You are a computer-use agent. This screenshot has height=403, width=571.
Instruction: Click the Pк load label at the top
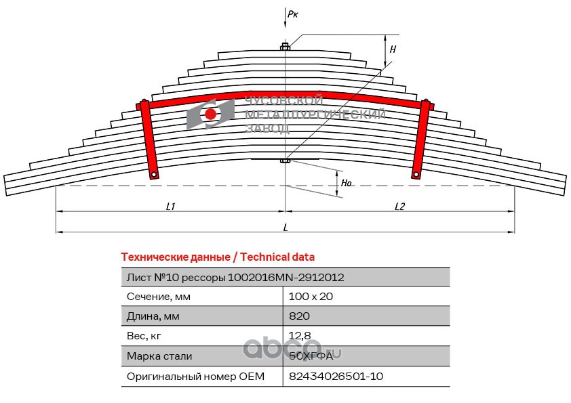click(x=293, y=14)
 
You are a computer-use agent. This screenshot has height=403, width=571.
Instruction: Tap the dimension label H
click(x=393, y=49)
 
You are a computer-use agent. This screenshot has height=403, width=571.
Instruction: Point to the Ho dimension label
click(x=346, y=183)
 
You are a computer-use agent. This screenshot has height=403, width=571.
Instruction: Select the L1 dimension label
click(x=170, y=207)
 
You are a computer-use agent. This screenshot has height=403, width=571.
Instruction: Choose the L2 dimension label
click(x=400, y=207)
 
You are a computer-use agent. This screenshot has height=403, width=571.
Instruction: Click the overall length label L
click(x=285, y=228)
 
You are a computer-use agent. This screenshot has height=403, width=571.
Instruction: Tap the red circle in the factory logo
click(x=210, y=114)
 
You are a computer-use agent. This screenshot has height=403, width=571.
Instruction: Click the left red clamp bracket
click(x=149, y=140)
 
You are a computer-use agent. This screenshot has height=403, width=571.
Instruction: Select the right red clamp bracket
click(x=420, y=139)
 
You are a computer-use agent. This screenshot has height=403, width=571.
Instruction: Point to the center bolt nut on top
click(x=285, y=47)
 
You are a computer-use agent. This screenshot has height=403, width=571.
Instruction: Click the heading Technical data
click(x=277, y=257)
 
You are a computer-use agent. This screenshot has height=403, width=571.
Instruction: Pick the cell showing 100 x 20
click(x=311, y=297)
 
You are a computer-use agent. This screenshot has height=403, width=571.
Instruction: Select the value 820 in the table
click(x=299, y=316)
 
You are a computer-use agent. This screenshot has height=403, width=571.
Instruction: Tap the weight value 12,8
click(x=300, y=336)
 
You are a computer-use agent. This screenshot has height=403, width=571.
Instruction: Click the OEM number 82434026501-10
click(x=336, y=376)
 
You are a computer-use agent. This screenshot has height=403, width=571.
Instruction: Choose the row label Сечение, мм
click(x=159, y=297)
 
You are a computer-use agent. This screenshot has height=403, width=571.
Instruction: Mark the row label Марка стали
click(x=159, y=356)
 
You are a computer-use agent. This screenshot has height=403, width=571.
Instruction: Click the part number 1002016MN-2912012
click(x=286, y=278)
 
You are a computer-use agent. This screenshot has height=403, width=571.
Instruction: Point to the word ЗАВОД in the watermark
click(x=268, y=129)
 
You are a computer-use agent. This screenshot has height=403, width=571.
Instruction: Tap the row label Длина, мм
click(x=153, y=316)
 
